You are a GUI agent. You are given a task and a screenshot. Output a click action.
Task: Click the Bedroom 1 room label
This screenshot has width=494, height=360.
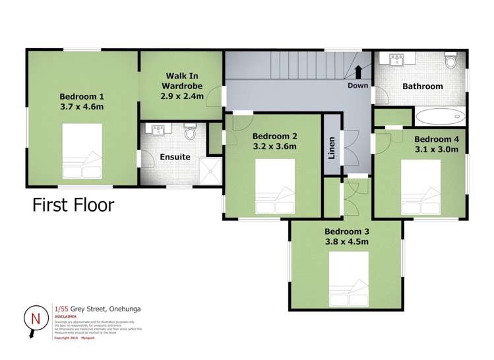click(x=82, y=94)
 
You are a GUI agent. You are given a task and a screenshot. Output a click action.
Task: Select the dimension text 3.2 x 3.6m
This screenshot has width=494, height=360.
click(x=275, y=147)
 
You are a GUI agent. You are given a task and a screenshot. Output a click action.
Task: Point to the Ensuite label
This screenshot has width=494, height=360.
click(x=175, y=157)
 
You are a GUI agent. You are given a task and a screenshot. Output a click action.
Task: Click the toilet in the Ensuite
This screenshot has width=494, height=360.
click(x=191, y=133)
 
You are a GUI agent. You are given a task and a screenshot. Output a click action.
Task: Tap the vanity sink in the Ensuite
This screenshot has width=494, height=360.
click(x=158, y=130)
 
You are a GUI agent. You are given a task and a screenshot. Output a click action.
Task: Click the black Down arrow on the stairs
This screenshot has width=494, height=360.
click(x=358, y=71)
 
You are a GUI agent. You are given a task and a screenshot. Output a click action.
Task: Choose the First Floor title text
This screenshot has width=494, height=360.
click(x=73, y=204)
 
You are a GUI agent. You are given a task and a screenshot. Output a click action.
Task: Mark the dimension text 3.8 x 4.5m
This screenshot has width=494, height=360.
click(x=346, y=241)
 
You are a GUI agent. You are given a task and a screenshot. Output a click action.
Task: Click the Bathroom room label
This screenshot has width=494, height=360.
click(x=423, y=86)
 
